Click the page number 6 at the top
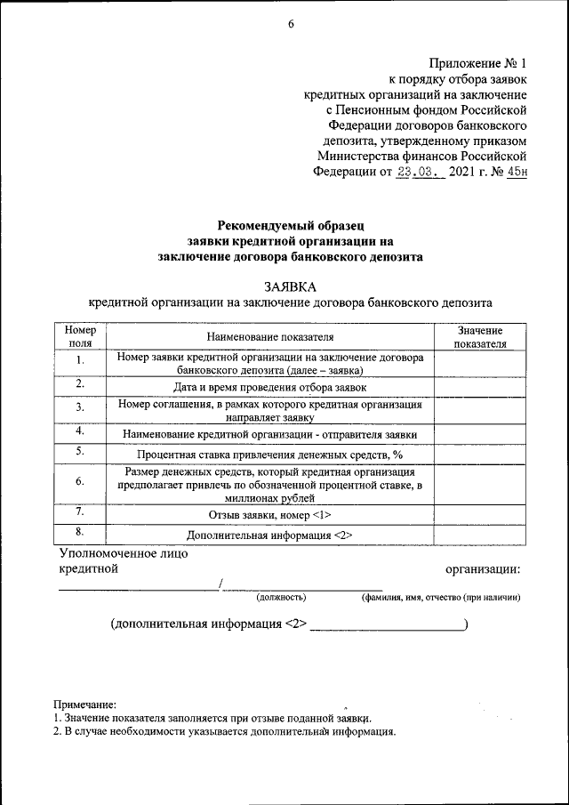(290, 25)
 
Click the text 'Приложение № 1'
(478, 63)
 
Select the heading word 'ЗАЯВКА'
(290, 286)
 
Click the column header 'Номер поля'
(80, 335)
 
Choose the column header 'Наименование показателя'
(270, 337)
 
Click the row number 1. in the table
(80, 360)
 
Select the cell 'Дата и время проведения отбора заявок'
(270, 387)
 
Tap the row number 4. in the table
(80, 431)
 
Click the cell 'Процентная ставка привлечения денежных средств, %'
(270, 455)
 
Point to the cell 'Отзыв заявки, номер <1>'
(270, 515)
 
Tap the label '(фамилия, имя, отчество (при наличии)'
(440, 597)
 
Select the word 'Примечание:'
(84, 704)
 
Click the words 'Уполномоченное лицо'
(124, 553)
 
